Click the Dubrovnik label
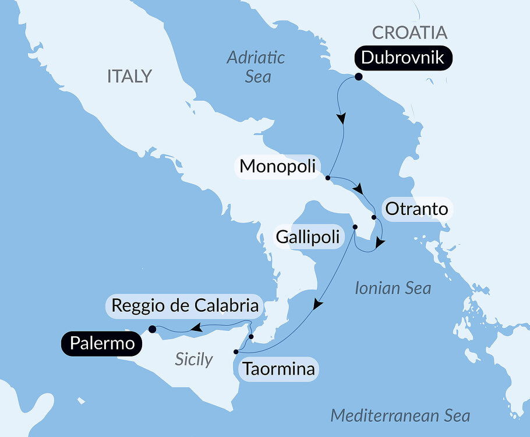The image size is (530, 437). pyautogui.click(x=402, y=58)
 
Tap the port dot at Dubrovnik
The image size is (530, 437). pyautogui.click(x=358, y=77)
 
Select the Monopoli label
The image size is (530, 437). pyautogui.click(x=277, y=166)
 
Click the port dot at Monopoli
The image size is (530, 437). pyautogui.click(x=328, y=177)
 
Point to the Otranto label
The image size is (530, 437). pyautogui.click(x=416, y=209)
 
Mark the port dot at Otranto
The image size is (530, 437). pyautogui.click(x=374, y=218)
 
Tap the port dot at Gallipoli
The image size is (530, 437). pyautogui.click(x=355, y=227)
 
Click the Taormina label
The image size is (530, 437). pyautogui.click(x=279, y=369)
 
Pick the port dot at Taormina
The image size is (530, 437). pyautogui.click(x=235, y=352)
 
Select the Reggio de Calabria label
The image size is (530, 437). pyautogui.click(x=185, y=306)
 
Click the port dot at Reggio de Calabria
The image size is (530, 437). pyautogui.click(x=251, y=336)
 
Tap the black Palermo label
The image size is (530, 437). pyautogui.click(x=102, y=344)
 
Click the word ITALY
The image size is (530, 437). pyautogui.click(x=129, y=76)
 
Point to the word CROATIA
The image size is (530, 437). pyautogui.click(x=409, y=32)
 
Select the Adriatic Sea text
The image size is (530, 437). pyautogui.click(x=256, y=66)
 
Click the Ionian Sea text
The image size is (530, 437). pyautogui.click(x=393, y=287)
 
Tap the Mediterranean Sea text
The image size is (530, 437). pyautogui.click(x=400, y=415)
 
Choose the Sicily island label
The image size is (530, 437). pyautogui.click(x=194, y=360)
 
